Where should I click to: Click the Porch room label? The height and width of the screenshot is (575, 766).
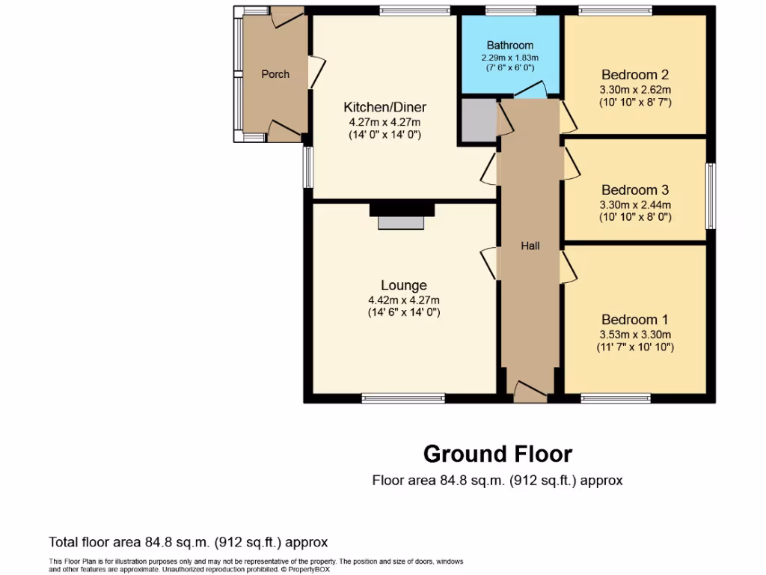point(275,74)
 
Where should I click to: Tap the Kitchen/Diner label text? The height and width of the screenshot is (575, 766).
point(384,107)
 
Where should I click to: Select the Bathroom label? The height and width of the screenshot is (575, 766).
point(510,46)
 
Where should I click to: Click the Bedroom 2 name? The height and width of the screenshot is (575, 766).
point(634,75)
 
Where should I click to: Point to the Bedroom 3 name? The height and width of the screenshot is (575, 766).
point(634,190)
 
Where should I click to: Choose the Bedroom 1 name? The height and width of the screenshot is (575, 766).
point(634,320)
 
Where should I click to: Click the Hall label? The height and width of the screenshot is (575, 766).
point(530,246)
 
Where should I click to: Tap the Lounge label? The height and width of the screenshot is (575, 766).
point(404,285)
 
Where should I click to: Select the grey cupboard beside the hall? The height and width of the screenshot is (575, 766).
point(477,120)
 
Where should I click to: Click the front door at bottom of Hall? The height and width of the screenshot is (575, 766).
point(530,389)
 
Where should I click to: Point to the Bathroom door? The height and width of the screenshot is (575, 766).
point(530,91)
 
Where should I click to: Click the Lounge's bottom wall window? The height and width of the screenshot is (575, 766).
point(403,398)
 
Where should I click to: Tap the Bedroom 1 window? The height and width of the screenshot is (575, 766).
point(615,398)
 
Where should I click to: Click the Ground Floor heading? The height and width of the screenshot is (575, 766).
point(497,454)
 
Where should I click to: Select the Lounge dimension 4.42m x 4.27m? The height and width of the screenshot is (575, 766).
point(404,299)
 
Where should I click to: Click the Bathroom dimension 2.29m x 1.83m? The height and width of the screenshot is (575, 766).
point(510,58)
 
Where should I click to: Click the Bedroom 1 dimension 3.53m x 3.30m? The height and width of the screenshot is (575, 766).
point(634,335)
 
